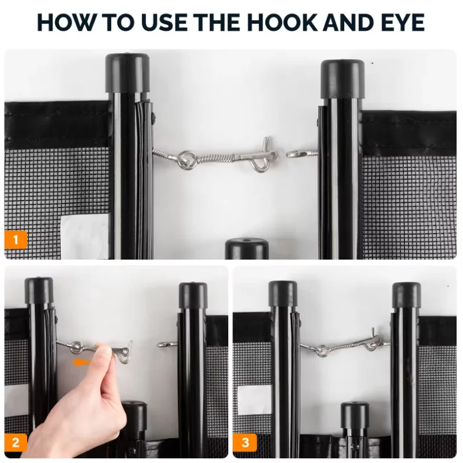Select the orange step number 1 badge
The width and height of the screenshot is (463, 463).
(15, 239)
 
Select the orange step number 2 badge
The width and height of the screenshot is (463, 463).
(15, 442)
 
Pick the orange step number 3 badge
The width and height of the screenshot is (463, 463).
(245, 442)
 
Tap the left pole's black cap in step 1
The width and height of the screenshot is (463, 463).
(127, 73)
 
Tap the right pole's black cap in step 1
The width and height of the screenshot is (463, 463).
(342, 79)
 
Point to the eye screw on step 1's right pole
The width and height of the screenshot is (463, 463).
(302, 154)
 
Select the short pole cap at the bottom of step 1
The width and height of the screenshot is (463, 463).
(247, 248)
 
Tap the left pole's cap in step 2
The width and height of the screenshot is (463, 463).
(39, 290)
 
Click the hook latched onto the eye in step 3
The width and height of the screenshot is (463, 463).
(375, 342)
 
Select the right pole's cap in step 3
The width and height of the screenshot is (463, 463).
(406, 295)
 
